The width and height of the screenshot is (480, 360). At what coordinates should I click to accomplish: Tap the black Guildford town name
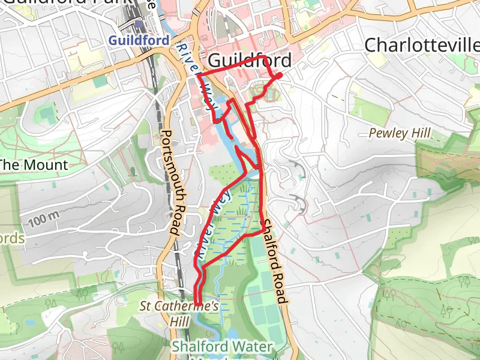(x=250, y=61)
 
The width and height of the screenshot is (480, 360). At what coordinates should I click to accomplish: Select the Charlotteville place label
(x=422, y=45)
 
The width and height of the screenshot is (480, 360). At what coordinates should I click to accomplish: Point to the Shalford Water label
(x=222, y=347)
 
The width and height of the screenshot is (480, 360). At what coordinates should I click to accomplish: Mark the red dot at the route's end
(x=279, y=76)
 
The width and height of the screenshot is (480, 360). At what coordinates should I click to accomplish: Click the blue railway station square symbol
(x=139, y=25)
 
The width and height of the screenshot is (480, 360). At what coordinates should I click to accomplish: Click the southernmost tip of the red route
(x=198, y=310)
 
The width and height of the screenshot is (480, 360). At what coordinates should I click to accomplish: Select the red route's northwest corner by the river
(x=197, y=74)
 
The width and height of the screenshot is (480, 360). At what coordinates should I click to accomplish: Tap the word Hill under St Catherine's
(x=179, y=322)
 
